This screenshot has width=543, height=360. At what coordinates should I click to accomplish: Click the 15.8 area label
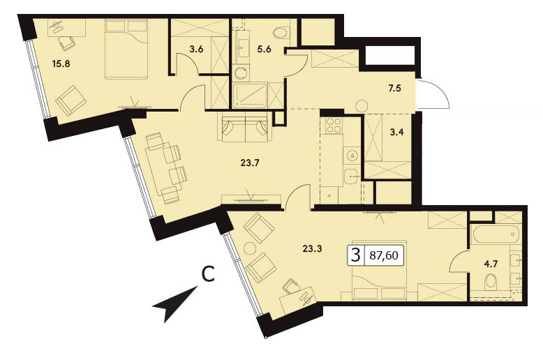pyautogui.click(x=61, y=63)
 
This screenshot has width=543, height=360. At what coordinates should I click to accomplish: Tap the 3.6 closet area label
pyautogui.click(x=196, y=49)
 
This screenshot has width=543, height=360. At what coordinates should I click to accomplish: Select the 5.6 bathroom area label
pyautogui.click(x=265, y=49)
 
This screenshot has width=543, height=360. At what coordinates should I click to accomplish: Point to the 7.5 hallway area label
pyautogui.click(x=394, y=89)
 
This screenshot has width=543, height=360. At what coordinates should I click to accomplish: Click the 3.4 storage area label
pyautogui.click(x=396, y=132)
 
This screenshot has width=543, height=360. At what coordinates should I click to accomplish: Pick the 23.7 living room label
pyautogui.click(x=250, y=163)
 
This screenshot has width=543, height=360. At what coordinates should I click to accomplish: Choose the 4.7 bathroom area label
pyautogui.click(x=491, y=264)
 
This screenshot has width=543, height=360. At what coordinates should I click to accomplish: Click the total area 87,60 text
pyautogui.click(x=384, y=255)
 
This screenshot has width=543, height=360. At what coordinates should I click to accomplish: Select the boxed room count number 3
pyautogui.click(x=356, y=255)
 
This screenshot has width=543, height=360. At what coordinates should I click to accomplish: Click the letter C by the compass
pyautogui.click(x=208, y=274)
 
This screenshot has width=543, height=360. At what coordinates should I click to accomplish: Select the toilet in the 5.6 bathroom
pyautogui.click(x=280, y=33)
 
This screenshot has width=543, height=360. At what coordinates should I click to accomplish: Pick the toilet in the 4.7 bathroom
pyautogui.click(x=490, y=280)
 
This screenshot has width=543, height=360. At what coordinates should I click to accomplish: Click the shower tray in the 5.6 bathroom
pyautogui.click(x=250, y=95)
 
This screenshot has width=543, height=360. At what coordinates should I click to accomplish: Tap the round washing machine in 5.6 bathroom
pyautogui.click(x=240, y=73)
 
